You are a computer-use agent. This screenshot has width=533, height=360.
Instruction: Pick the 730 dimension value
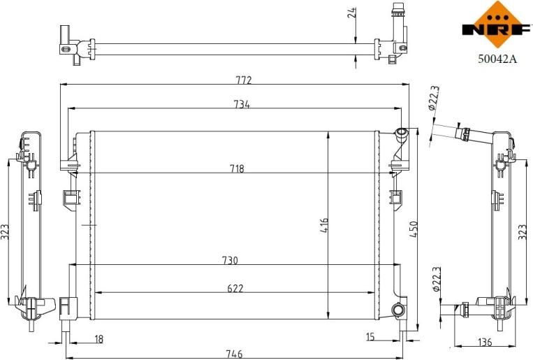pyautogui.click(x=230, y=261)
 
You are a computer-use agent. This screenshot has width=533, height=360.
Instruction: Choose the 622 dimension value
pyautogui.click(x=235, y=287)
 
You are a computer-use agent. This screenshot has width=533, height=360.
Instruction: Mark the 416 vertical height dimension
pyautogui.click(x=325, y=225)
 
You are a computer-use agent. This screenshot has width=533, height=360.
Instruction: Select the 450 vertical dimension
pyautogui.click(x=414, y=228)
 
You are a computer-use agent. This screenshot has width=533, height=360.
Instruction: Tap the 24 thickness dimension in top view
pyautogui.click(x=353, y=12)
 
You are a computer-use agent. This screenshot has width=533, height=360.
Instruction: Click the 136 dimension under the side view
pyautogui.click(x=485, y=342)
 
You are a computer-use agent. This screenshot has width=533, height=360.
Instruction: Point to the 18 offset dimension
pyautogui.click(x=98, y=339)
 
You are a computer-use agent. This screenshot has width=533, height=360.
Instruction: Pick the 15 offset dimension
pyautogui.click(x=370, y=338)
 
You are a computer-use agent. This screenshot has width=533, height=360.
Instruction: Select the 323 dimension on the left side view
pyautogui.click(x=6, y=232)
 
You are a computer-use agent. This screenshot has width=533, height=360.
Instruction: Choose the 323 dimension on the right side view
pyautogui.click(x=523, y=232)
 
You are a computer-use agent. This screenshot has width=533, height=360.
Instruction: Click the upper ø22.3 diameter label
pyautogui.click(x=434, y=99)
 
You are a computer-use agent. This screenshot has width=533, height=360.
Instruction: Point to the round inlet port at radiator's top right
pyautogui.click(x=402, y=134)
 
